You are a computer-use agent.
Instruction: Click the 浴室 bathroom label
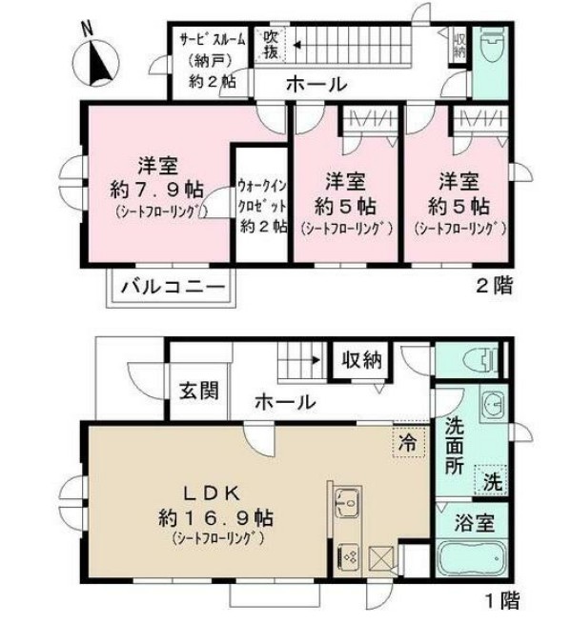pos(473,522)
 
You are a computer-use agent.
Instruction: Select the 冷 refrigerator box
pos(407,442)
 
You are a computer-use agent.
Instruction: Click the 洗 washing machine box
pos(490,481)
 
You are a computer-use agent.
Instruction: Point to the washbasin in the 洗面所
pos(491,409)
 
